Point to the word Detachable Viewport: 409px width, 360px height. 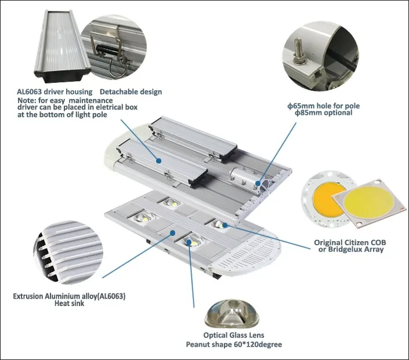(x=119, y=92)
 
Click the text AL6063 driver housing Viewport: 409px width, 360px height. (x=56, y=92)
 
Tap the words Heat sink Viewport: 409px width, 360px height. (x=69, y=303)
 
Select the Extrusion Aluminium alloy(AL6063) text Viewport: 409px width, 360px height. (x=69, y=296)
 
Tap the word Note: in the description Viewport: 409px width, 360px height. (x=26, y=100)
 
